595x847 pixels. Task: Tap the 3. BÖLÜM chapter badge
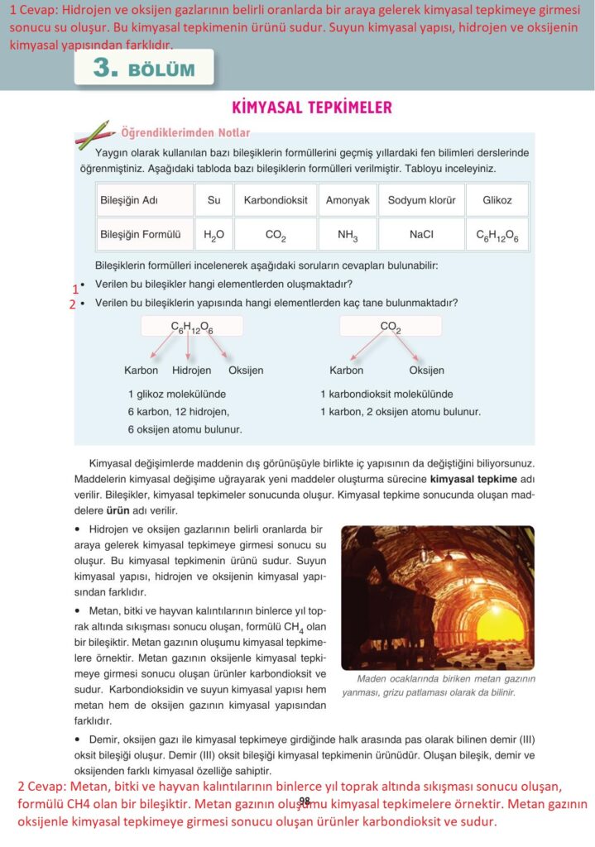144,69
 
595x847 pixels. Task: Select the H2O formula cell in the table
214,234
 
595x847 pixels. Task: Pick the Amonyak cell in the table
348,200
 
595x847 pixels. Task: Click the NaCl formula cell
421,234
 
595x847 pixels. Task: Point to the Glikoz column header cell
497,200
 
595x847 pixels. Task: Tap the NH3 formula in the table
348,235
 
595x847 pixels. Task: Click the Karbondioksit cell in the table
276,200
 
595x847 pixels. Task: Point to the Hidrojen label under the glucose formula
191,370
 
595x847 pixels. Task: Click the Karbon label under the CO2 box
346,370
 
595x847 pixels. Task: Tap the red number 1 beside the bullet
75,289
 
